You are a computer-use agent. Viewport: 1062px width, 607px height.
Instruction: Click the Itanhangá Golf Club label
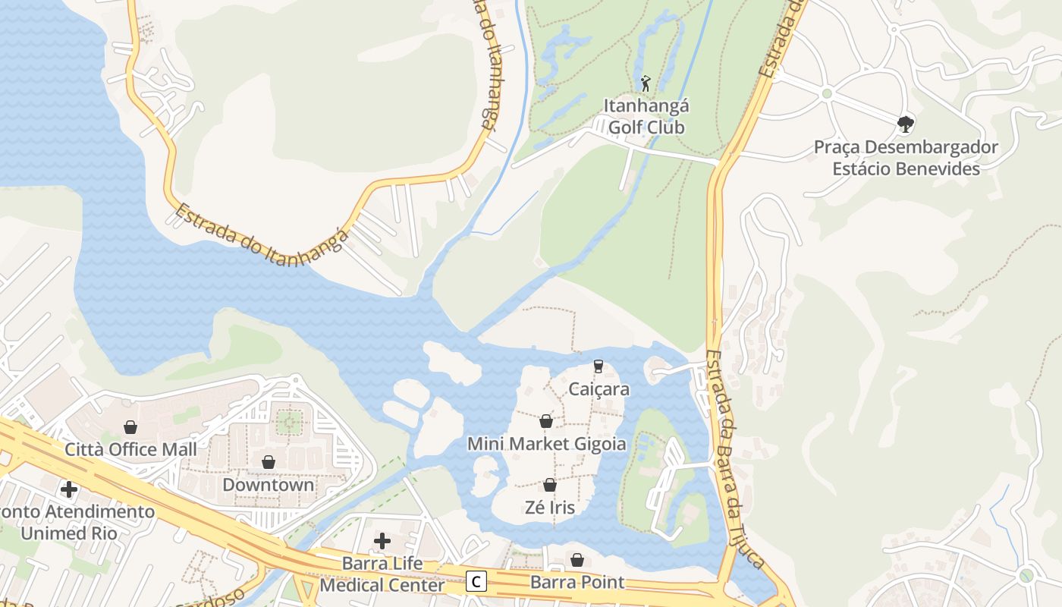coord(646,116)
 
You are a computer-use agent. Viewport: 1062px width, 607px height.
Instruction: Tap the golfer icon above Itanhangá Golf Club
coord(646,83)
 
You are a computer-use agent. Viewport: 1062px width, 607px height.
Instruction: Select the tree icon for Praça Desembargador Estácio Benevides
coord(905,124)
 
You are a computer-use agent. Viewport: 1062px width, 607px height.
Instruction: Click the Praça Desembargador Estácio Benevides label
coord(906,158)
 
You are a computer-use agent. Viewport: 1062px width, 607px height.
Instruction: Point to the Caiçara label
coord(599,389)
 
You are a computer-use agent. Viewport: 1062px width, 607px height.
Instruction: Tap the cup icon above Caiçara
coord(598,366)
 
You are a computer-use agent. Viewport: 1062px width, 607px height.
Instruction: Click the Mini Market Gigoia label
coord(546,443)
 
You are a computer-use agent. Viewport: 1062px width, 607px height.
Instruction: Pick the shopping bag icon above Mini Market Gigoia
coord(545,421)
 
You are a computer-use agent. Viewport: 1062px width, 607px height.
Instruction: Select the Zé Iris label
coord(549,508)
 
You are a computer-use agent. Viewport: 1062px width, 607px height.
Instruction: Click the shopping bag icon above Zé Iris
coord(550,485)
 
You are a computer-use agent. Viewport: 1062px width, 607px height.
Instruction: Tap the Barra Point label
coord(577,583)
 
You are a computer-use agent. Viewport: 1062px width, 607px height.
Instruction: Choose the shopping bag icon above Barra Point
coord(577,560)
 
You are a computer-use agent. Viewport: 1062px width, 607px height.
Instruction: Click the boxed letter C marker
coord(476,581)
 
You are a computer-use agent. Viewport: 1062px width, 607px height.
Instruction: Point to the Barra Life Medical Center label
coord(382,574)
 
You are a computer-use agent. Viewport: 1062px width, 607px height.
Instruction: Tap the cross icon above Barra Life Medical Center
coord(382,541)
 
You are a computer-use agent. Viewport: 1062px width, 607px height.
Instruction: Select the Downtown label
coord(268,484)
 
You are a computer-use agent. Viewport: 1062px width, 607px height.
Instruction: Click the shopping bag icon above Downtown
coord(268,462)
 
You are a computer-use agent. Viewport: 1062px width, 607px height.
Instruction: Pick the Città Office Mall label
coord(130,449)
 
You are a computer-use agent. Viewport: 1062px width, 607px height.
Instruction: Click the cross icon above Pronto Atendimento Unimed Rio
coord(69,489)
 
